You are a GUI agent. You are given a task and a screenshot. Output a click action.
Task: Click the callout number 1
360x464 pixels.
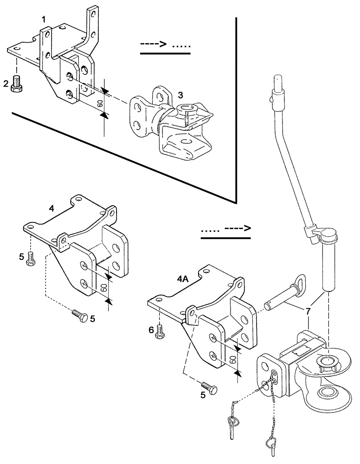pyautogui.click(x=43, y=19)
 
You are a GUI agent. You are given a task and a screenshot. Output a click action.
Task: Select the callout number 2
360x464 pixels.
pyautogui.click(x=6, y=84)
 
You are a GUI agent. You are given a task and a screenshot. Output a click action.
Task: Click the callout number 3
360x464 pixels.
pyautogui.click(x=181, y=94)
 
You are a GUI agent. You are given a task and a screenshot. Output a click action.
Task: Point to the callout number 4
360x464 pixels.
pyautogui.click(x=52, y=209)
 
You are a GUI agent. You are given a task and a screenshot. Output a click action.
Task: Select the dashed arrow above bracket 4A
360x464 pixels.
pyautogui.click(x=226, y=229)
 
